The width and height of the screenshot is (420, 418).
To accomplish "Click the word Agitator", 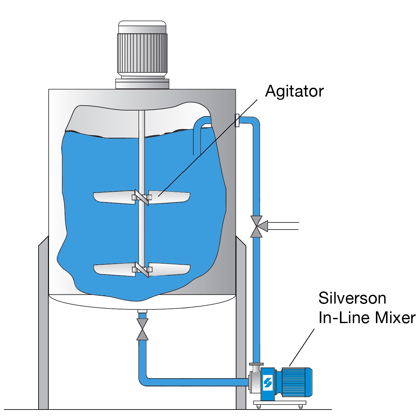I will [x=294, y=92].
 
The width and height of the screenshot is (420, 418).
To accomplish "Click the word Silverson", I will [x=352, y=298].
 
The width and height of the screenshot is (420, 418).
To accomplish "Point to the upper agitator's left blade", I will [x=114, y=198].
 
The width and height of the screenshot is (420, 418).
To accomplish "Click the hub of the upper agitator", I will [x=142, y=197].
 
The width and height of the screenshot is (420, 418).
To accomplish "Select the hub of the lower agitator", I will [x=142, y=269].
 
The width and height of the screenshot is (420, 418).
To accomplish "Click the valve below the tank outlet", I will [x=142, y=329].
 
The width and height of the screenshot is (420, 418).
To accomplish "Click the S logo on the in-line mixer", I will [x=268, y=382].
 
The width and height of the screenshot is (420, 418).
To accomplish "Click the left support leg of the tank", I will [x=43, y=326].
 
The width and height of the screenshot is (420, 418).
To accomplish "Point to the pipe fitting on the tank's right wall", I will [x=237, y=120].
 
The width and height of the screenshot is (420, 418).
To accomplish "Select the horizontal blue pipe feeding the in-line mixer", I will [x=196, y=382].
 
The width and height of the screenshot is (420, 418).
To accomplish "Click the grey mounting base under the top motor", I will [x=142, y=84].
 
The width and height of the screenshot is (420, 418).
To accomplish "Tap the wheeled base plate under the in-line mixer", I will [x=280, y=403].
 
